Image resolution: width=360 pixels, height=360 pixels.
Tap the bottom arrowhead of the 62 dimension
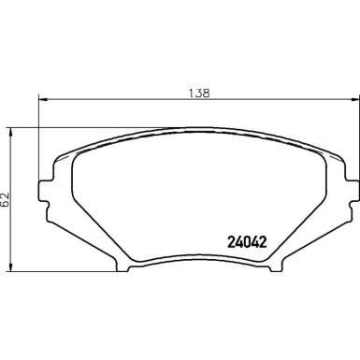coord(10,266)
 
